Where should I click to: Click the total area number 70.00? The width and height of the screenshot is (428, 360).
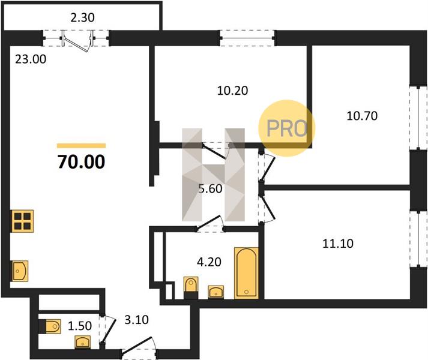tap(82, 161)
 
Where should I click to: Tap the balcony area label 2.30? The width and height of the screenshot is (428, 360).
tap(82, 18)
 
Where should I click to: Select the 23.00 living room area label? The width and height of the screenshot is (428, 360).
tap(31, 59)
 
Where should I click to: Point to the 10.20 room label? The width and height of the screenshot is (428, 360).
tap(232, 91)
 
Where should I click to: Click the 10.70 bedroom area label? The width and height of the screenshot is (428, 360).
tap(362, 116)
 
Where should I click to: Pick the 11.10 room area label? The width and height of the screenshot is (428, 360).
tap(338, 244)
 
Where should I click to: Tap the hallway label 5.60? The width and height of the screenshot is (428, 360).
tap(210, 189)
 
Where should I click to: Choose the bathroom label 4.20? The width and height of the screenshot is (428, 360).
tap(209, 262)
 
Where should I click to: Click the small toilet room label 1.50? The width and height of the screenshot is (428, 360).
tap(80, 326)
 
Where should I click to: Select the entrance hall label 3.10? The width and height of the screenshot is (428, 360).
tap(136, 320)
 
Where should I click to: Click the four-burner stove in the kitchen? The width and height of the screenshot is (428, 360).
tap(22, 221)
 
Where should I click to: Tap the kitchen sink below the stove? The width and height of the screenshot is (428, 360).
tap(19, 271)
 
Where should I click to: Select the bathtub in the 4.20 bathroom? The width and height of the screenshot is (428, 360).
tap(246, 272)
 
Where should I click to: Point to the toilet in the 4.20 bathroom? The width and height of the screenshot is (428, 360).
tap(191, 287)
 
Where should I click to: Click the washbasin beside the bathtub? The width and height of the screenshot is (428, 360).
tap(216, 292)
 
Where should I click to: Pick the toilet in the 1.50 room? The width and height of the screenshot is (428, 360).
tap(50, 326)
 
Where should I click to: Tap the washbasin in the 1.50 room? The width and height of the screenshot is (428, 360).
tap(83, 342)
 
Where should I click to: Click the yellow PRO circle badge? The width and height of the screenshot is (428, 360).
tap(287, 128)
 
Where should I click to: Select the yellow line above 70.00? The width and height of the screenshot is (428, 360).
tap(82, 146)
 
